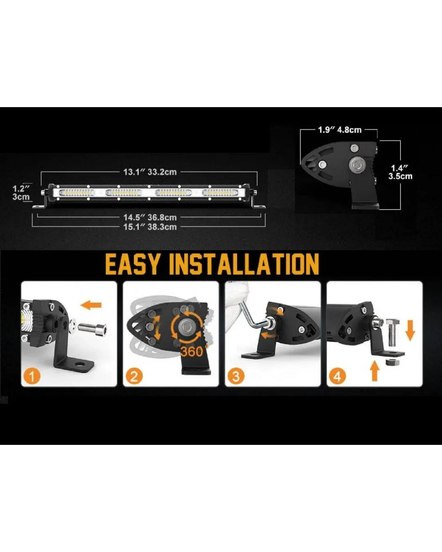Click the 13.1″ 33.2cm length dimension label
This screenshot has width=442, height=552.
click(x=150, y=172)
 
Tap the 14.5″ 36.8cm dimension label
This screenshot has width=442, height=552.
click(x=150, y=217)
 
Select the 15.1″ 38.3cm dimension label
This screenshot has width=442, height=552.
click(x=150, y=227)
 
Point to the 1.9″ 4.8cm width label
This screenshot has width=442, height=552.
click(x=340, y=130)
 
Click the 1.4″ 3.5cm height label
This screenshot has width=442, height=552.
click(x=400, y=173)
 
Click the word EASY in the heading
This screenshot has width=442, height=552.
click(x=133, y=265)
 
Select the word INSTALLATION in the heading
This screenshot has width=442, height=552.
click(x=244, y=265)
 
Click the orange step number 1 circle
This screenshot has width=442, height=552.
click(x=32, y=377)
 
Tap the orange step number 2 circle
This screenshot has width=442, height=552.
click(x=134, y=377)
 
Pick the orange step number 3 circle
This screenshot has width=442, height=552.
click(x=236, y=377)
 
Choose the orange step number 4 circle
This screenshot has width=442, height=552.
click(x=338, y=377)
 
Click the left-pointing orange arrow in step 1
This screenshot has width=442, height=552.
click(x=91, y=305)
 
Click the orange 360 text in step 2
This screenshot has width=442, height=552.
click(x=192, y=351)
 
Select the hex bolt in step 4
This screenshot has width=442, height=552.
click(x=392, y=332)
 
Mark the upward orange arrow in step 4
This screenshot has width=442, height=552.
click(x=375, y=371)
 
